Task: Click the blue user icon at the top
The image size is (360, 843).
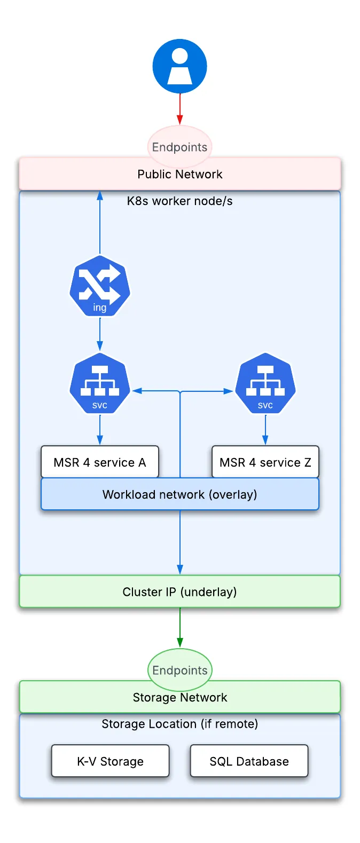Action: click(x=179, y=66)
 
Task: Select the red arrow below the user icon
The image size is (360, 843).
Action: click(x=180, y=109)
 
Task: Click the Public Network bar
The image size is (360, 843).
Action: click(x=179, y=175)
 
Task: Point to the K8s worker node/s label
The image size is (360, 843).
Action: click(x=179, y=201)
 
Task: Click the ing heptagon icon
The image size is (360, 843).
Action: click(x=100, y=286)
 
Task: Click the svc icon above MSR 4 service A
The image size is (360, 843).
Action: click(x=100, y=383)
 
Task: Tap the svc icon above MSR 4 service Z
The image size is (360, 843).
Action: click(x=265, y=383)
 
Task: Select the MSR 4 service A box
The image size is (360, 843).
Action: click(x=100, y=462)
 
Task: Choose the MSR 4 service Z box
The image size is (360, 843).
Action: click(x=265, y=462)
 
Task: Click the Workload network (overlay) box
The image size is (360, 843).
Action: click(x=179, y=494)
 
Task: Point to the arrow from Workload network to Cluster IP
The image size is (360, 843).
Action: click(x=180, y=542)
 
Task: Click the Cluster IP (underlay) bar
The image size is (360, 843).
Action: click(x=179, y=592)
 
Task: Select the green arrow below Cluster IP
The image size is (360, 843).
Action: click(x=180, y=627)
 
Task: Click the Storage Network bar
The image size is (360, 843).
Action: click(x=179, y=698)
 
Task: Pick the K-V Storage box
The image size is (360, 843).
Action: click(x=111, y=761)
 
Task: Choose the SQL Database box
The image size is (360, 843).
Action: click(x=249, y=761)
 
